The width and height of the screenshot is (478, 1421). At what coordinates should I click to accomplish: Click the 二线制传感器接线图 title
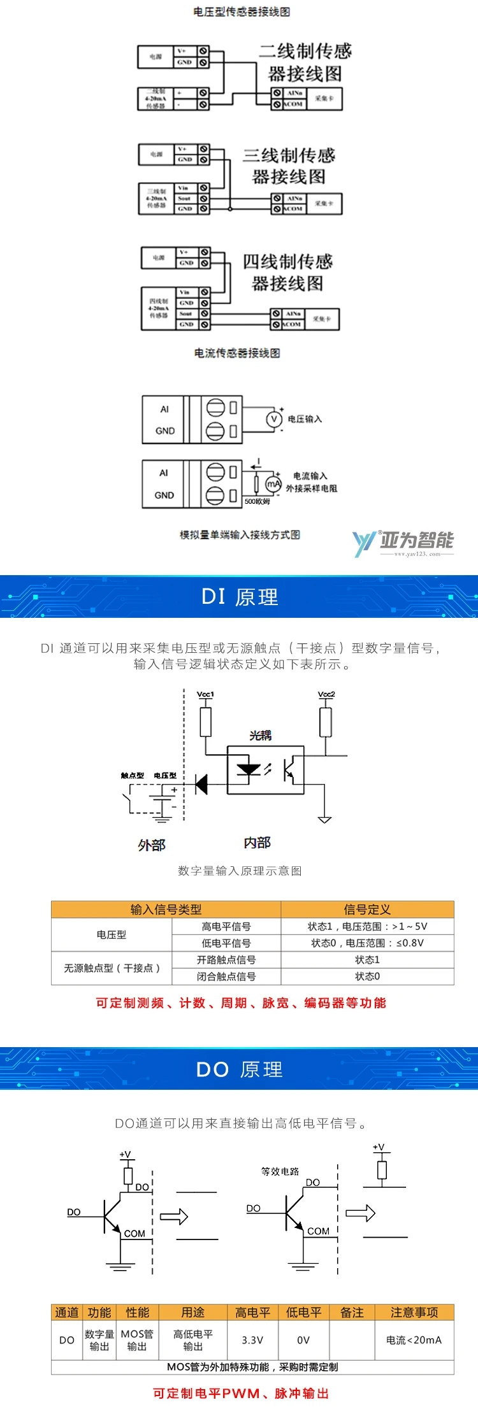point(305,62)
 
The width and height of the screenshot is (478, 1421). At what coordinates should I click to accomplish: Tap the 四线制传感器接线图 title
point(287,272)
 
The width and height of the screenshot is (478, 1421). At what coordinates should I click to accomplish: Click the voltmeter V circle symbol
point(274,419)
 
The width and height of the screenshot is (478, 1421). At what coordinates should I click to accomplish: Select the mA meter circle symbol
point(273,484)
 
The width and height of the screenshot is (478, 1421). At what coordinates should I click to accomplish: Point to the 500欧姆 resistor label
point(257,501)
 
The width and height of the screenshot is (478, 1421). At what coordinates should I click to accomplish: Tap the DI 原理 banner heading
point(240,597)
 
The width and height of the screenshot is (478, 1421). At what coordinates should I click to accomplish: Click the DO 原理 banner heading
point(239,1069)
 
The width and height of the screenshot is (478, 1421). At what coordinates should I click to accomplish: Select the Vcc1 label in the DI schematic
point(205,694)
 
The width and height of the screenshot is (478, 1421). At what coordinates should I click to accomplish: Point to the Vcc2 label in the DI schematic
point(326,694)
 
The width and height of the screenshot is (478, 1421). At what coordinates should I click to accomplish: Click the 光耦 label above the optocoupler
point(260,736)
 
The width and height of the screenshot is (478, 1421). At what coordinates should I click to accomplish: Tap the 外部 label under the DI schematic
point(152,845)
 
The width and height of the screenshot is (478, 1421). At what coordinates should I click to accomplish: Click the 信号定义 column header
point(367,910)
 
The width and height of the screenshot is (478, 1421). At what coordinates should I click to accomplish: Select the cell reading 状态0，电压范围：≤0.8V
point(367,943)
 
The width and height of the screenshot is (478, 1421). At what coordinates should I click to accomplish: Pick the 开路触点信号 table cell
point(226,960)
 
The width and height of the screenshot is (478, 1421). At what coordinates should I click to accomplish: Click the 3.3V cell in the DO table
point(252,1340)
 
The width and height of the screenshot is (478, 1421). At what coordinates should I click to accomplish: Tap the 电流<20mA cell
point(414,1340)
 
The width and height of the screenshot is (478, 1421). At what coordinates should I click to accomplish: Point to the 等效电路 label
point(280,1171)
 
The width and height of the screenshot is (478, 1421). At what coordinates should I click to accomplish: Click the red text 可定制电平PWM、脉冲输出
point(240,1393)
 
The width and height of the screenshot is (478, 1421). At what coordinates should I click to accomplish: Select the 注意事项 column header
point(414,1313)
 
